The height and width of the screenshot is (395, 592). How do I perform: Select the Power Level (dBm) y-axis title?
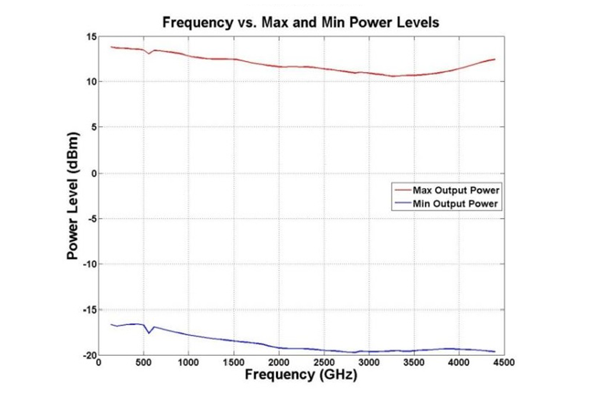[73, 196]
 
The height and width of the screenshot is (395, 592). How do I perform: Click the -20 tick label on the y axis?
[88, 355]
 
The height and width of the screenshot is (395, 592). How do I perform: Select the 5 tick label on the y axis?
[92, 127]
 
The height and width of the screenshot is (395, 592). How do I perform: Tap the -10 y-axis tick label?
[88, 264]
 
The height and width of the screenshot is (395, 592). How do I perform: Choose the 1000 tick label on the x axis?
[188, 362]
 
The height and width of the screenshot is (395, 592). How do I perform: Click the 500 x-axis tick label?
[143, 362]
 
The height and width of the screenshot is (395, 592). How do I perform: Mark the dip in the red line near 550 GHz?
[149, 54]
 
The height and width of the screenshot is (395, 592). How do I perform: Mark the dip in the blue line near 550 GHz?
[149, 333]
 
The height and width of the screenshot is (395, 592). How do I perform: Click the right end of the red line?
[494, 59]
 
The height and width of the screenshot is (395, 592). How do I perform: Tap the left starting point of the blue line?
[111, 325]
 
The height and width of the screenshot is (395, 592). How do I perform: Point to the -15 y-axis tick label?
[88, 310]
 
